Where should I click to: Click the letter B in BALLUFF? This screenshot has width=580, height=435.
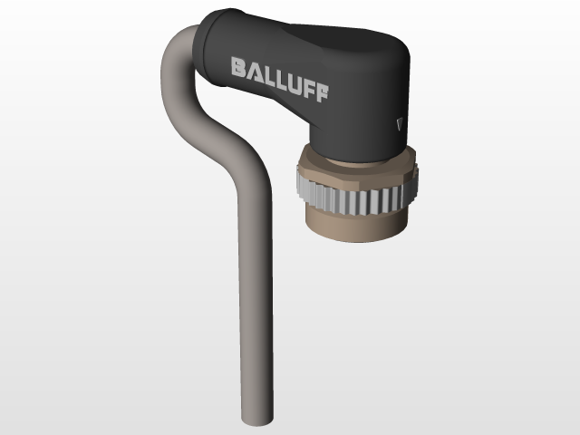(237, 68)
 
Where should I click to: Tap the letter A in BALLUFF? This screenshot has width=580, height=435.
(253, 71)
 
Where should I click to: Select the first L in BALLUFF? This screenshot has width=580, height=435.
(267, 75)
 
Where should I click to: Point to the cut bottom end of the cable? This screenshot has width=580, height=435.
(256, 420)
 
